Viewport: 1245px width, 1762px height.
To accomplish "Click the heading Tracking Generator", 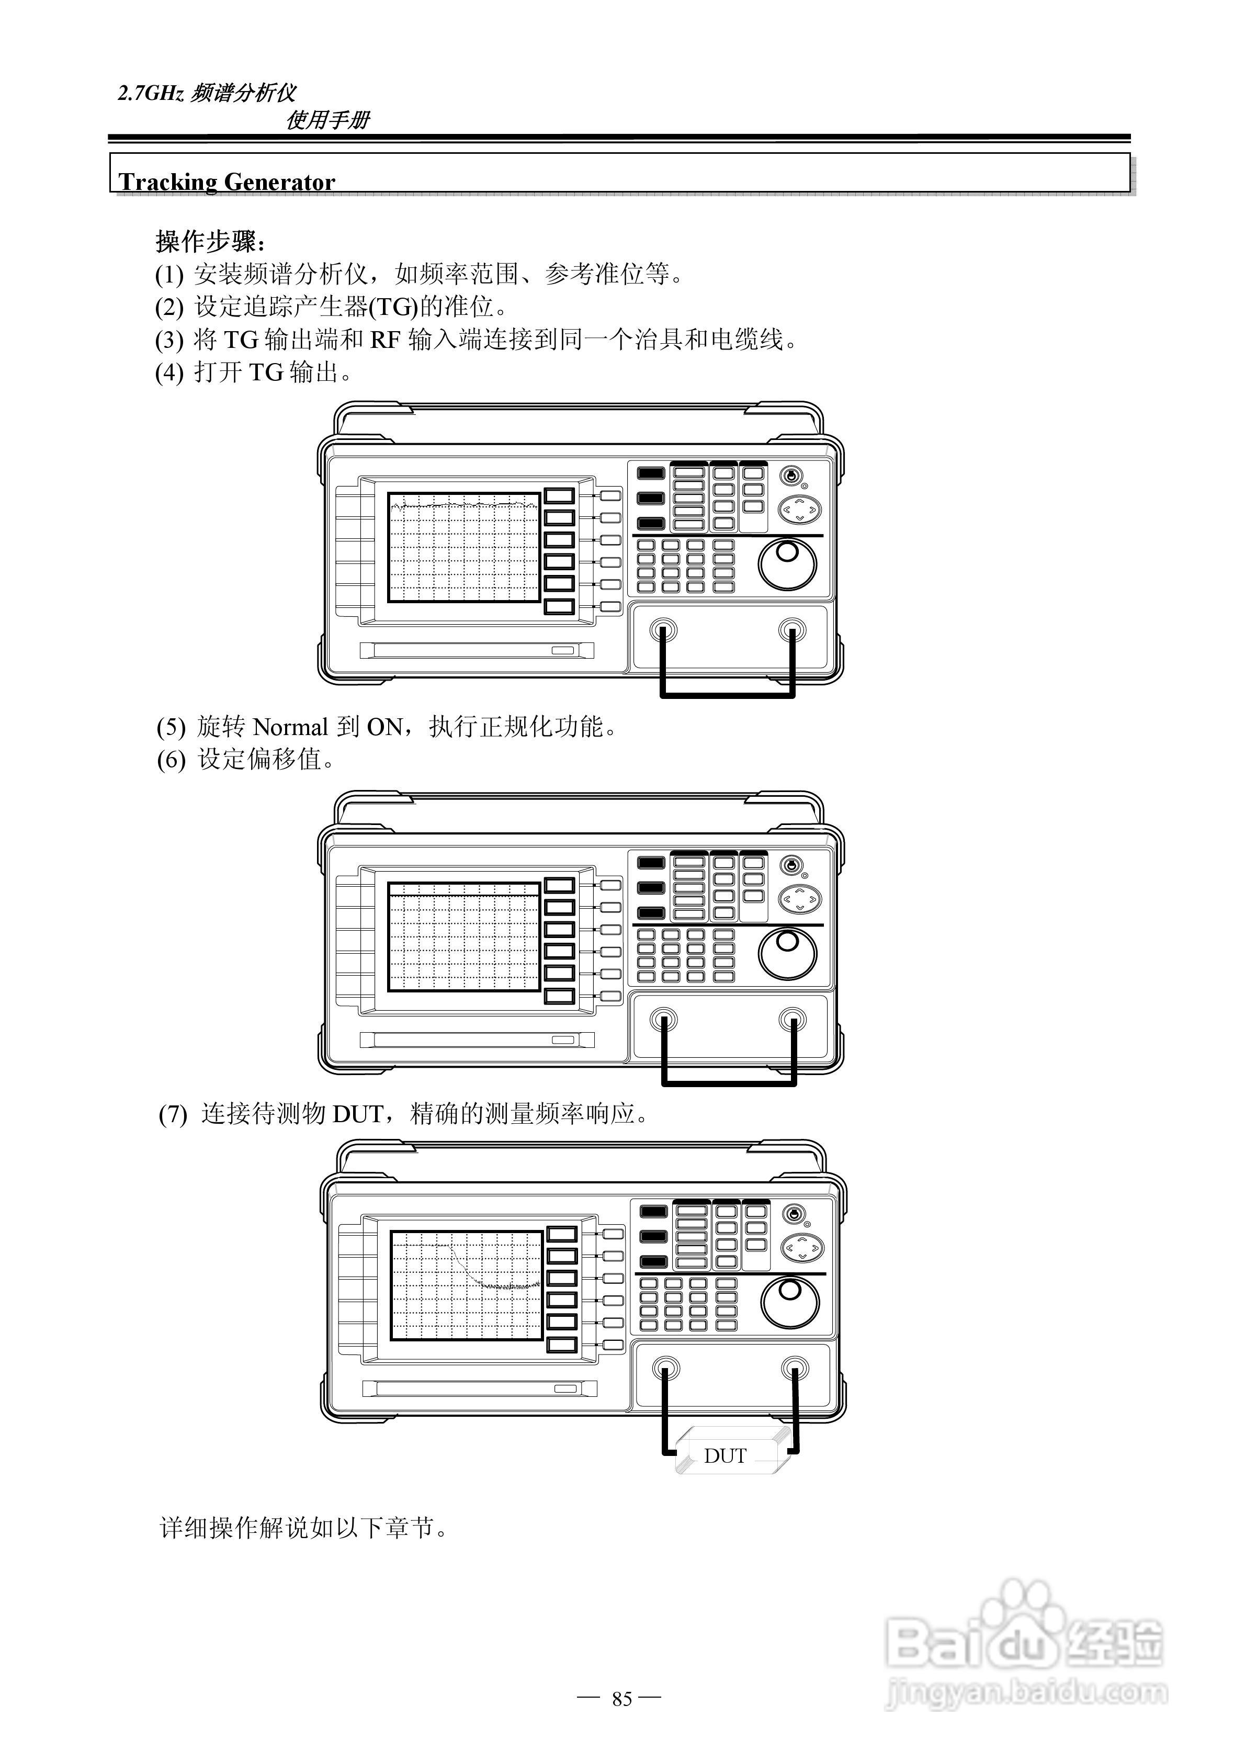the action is coord(227,182).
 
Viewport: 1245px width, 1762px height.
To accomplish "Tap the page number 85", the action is coord(622,1698).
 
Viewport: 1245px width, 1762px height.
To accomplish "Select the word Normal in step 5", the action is coord(290,727).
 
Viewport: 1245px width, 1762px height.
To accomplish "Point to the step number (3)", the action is coord(169,339).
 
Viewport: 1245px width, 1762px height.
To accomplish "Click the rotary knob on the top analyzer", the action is coord(787,564).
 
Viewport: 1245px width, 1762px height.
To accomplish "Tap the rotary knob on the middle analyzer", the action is coord(787,953).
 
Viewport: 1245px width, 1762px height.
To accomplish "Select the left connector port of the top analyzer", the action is coord(662,631).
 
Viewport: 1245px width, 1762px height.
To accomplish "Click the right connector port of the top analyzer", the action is coord(792,631).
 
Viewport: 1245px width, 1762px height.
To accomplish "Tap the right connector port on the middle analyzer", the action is coord(792,1020).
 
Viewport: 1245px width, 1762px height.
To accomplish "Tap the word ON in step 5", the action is coord(384,727).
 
